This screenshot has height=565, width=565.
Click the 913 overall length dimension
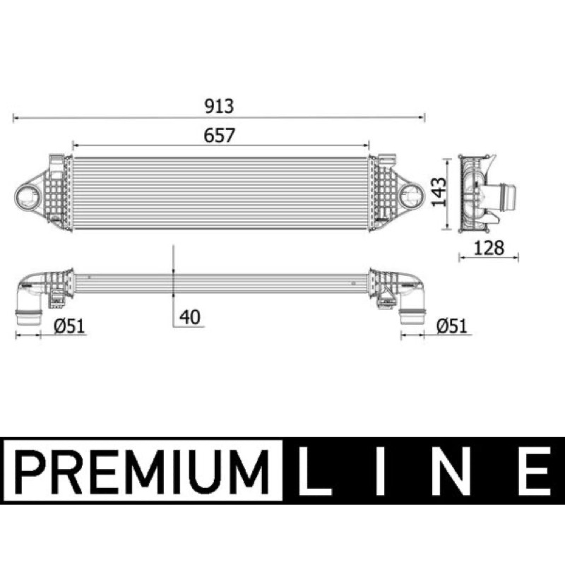click(219, 106)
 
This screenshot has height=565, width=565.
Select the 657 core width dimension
click(219, 135)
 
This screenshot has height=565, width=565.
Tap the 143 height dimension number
click(439, 192)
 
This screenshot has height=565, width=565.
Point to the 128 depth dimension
click(489, 248)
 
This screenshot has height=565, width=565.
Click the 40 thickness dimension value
click(190, 317)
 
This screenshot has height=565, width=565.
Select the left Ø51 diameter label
click(69, 326)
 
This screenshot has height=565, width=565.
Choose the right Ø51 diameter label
click(452, 326)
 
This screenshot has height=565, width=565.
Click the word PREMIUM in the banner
click(143, 471)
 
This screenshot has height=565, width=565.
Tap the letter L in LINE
click(314, 471)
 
